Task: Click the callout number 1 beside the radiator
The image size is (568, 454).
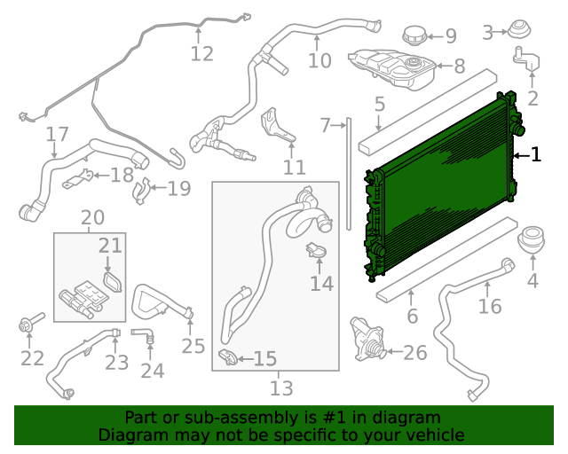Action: click(536, 155)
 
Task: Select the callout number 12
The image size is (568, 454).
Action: click(202, 53)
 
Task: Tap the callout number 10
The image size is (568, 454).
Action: click(319, 60)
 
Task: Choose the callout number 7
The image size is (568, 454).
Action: click(326, 125)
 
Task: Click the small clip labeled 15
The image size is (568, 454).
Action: click(227, 356)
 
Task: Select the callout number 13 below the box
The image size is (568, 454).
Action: click(281, 387)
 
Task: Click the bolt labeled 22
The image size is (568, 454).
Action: click(27, 326)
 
